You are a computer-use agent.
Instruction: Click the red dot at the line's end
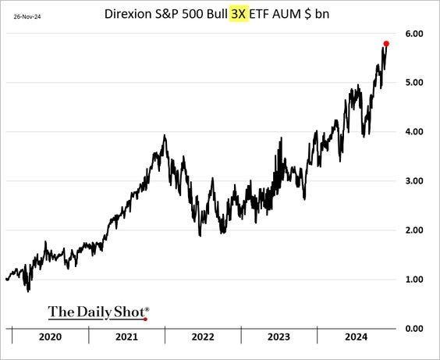point(387,43)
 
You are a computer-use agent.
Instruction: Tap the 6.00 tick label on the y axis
point(414,34)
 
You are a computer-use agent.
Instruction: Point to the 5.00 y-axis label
point(414,83)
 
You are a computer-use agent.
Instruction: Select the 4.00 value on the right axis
point(414,132)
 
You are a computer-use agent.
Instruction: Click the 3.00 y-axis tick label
point(414,181)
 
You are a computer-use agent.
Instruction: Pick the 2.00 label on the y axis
point(414,230)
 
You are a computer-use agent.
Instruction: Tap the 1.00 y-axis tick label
point(414,280)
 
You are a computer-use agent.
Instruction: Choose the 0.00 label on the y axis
point(414,329)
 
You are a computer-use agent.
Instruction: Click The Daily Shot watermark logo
point(98,312)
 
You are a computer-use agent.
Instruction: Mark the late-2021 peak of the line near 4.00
point(165,136)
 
